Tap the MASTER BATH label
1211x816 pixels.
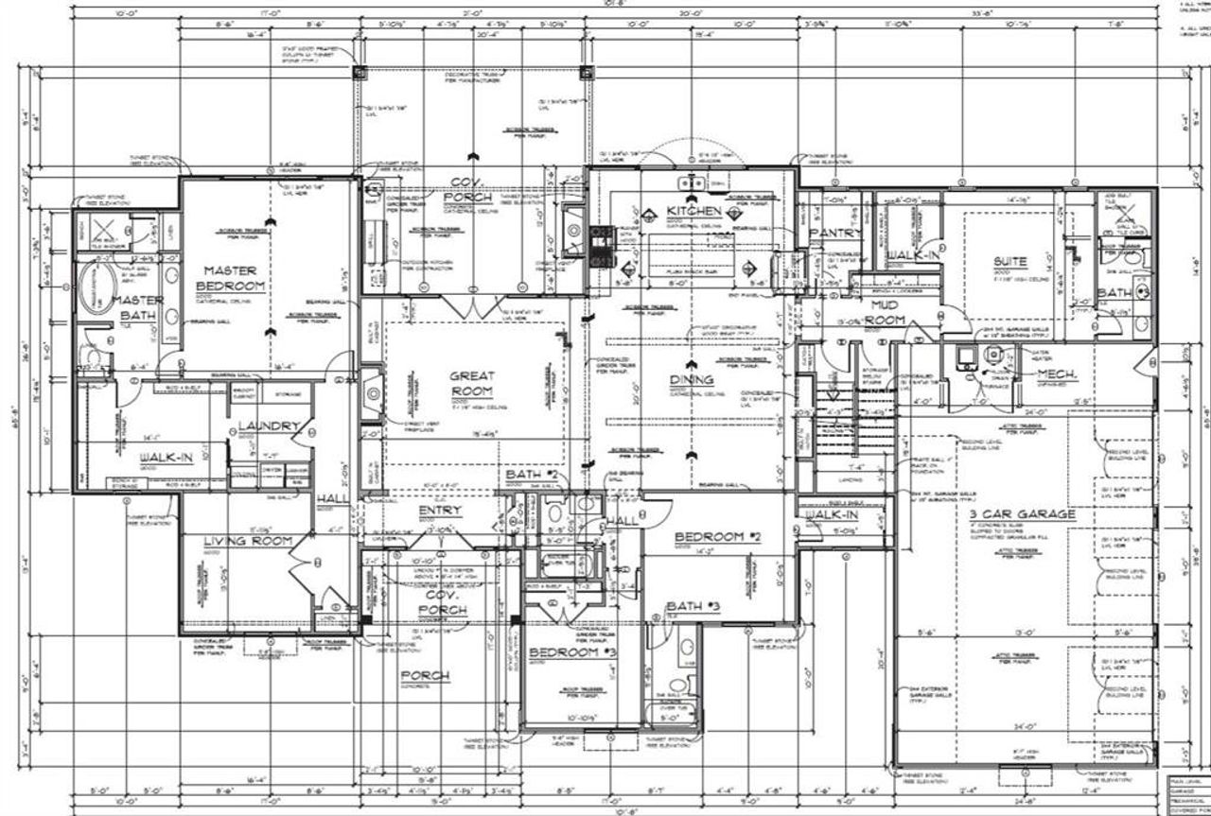point(139,307)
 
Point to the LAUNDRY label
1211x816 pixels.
point(269,426)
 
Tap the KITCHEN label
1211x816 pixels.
point(694,210)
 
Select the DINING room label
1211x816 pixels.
point(692,379)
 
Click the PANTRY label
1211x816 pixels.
point(836,233)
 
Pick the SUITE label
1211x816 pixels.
point(1009,261)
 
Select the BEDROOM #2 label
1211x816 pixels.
point(718,537)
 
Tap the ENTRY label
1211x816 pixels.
point(440,511)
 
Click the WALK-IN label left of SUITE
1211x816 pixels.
point(912,255)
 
